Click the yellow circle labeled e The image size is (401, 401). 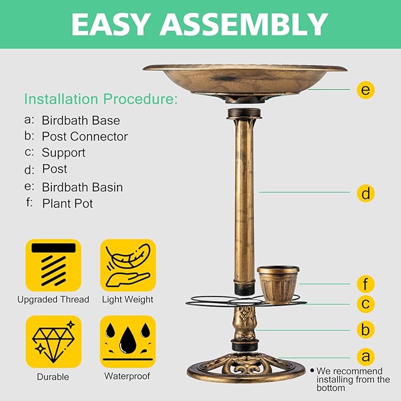point(366,90)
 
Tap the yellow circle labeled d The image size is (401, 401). point(366,193)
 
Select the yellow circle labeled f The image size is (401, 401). point(366,284)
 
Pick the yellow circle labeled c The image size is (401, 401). point(366,304)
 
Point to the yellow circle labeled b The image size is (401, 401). point(366,330)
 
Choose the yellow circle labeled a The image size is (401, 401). point(366,357)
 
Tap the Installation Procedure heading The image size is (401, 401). point(100,99)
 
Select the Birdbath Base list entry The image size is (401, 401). point(80,120)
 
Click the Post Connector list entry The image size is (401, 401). point(84,136)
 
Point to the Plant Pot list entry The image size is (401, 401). point(67,204)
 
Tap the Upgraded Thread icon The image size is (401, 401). point(54,265)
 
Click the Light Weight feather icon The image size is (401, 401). point(128,265)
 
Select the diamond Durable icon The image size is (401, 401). point(54,342)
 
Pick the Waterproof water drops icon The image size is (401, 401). point(128,342)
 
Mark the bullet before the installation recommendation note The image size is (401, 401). point(312,370)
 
